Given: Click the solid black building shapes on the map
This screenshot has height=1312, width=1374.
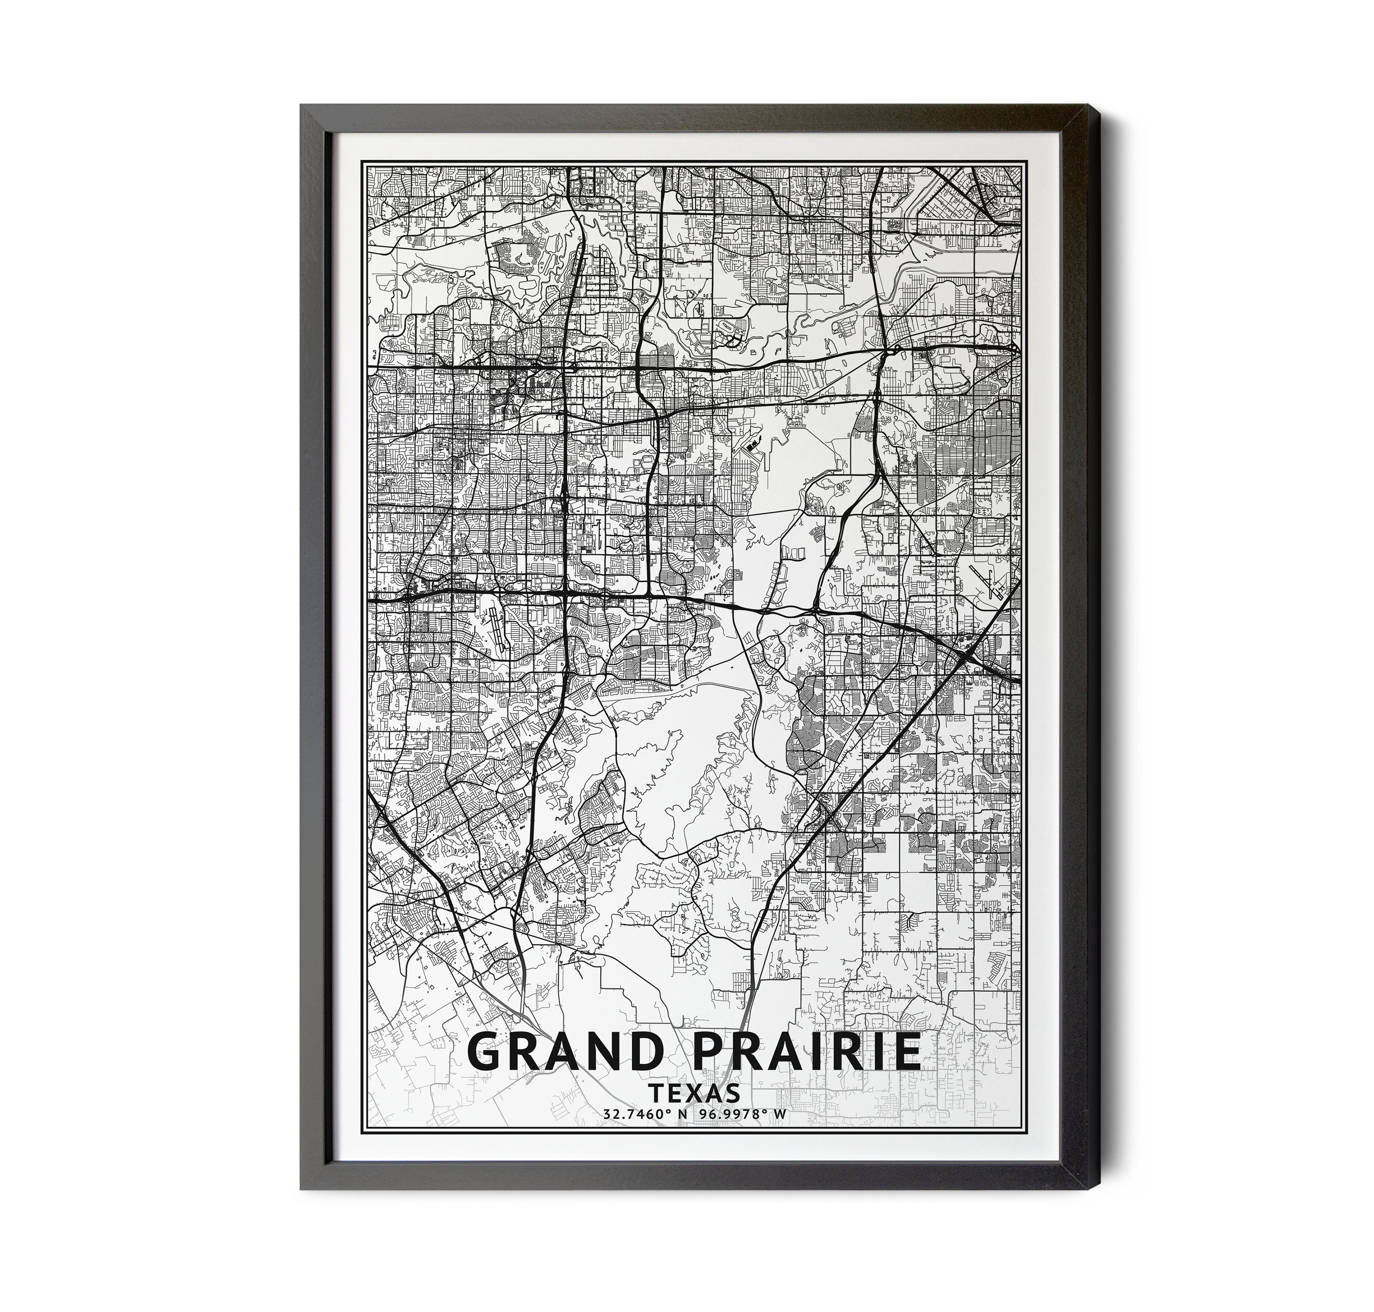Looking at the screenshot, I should pyautogui.click(x=753, y=443).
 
